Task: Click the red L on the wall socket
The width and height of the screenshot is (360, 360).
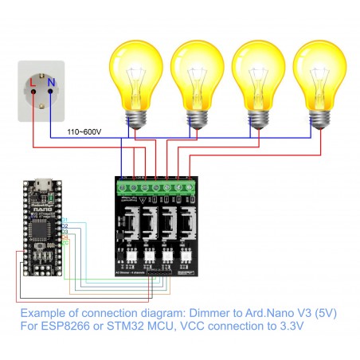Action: tap(31, 81)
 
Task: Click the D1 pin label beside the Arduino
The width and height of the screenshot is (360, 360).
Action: tap(65, 220)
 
